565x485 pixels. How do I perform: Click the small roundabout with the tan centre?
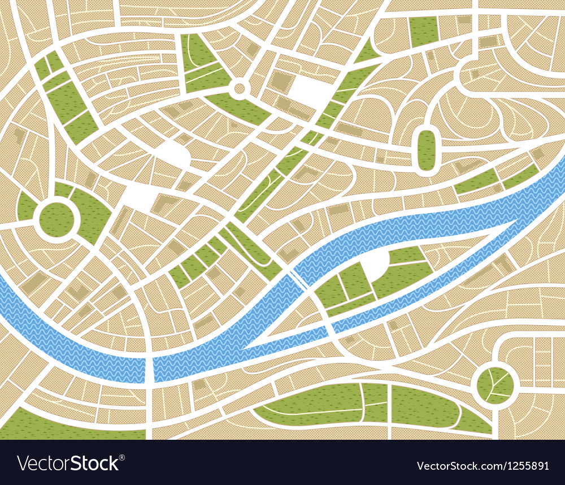coord(239,88)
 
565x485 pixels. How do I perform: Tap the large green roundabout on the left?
coord(56,219)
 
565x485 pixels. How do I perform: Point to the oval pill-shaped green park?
coord(426,149)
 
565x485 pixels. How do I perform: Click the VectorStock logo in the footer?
coord(68,464)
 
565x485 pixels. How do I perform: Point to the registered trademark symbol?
coord(122,457)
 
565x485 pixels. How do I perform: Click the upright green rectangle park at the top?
coord(424,31)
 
